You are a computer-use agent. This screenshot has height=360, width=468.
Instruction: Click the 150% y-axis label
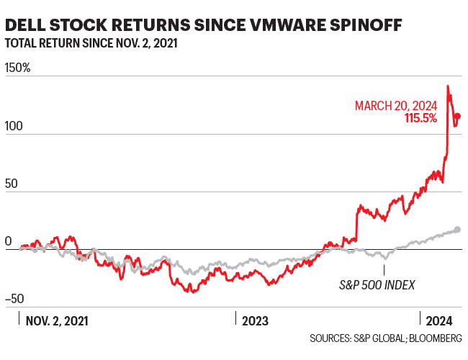17,68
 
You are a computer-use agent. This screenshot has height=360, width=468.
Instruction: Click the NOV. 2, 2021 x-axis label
57,321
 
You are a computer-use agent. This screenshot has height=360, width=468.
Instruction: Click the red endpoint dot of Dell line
458,116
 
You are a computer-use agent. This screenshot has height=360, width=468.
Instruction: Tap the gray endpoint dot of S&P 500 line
458,230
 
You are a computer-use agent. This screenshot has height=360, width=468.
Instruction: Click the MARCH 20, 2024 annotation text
396,106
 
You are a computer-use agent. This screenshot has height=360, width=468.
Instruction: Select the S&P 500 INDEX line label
377,284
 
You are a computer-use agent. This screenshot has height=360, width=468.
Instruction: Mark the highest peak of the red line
448,86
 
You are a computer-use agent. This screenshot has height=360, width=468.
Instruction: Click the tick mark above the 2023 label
236,316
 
